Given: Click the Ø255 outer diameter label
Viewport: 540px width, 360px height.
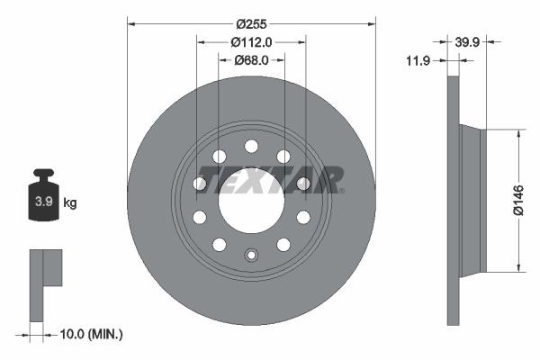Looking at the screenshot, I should tap(251, 13).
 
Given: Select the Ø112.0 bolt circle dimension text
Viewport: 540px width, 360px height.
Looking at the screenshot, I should tap(251, 41).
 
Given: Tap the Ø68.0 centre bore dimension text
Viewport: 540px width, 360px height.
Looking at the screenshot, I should tap(251, 60).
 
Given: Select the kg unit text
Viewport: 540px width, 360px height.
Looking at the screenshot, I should tap(69, 203).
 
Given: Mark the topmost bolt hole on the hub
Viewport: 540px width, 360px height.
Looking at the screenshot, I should tap(251, 146).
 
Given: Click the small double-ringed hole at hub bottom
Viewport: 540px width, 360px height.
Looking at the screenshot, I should tap(251, 255).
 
